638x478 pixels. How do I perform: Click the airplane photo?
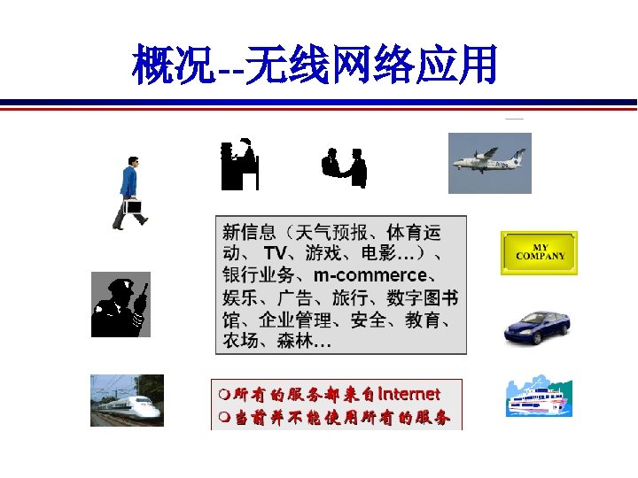click(489, 163)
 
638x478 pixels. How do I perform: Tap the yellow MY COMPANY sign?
click(539, 253)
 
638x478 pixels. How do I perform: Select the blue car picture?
click(537, 327)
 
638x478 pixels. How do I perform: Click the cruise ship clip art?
click(539, 397)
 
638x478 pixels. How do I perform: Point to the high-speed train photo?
click(126, 400)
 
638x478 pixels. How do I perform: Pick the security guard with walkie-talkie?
click(121, 305)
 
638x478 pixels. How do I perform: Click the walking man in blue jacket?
click(128, 192)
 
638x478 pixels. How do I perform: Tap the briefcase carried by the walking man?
click(133, 207)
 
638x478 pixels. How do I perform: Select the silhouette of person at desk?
click(239, 164)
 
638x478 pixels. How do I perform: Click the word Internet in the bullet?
click(408, 393)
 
